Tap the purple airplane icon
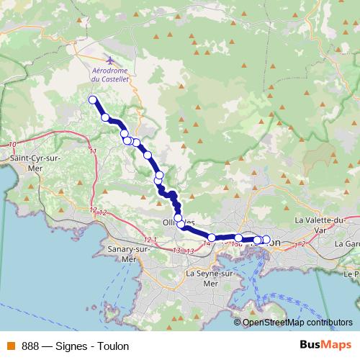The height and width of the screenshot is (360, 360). [109, 60]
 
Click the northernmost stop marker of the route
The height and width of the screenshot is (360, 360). [92, 100]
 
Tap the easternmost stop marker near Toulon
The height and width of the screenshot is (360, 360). [266, 240]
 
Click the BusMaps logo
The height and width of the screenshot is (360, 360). [323, 345]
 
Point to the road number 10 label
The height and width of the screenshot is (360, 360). [12, 145]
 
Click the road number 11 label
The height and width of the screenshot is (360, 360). [93, 151]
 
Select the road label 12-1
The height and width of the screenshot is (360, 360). [150, 239]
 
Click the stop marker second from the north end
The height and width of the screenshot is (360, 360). [104, 117]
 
